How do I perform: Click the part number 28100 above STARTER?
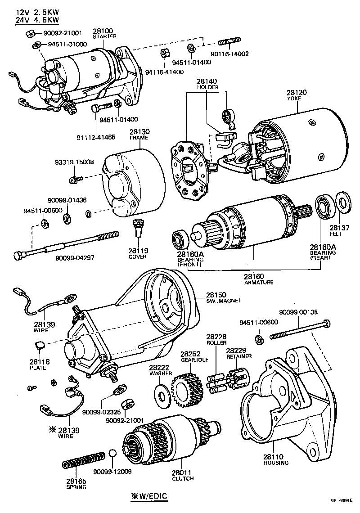(x=104, y=30)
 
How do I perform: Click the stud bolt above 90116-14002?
(x=229, y=43)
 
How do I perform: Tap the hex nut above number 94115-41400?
(x=164, y=53)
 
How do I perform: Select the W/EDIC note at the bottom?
(x=149, y=496)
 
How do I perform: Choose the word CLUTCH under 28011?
(x=183, y=478)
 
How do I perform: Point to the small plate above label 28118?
(x=39, y=346)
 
